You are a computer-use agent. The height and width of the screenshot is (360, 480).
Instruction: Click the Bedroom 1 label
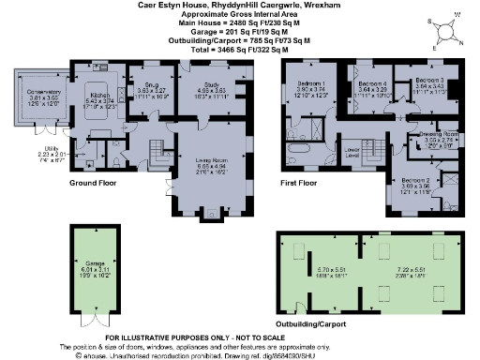coord(311,84)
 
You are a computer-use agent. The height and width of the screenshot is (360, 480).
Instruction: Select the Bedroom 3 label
coord(428,82)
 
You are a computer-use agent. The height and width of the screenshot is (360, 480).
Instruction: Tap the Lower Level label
coord(352,151)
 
